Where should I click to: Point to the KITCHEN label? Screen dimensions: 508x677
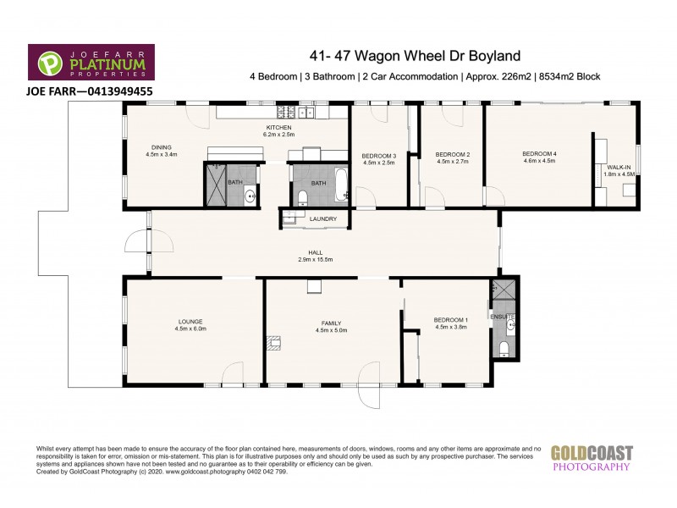tap(279, 127)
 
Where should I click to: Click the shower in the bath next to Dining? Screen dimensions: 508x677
tap(214, 183)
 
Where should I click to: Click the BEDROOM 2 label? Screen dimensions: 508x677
tap(452, 154)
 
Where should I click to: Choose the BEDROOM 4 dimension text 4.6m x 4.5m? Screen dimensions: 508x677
tap(539, 160)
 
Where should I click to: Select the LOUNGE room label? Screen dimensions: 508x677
tap(190, 321)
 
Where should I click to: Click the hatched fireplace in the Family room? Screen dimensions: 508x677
tap(272, 342)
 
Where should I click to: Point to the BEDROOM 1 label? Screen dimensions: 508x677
tap(450, 319)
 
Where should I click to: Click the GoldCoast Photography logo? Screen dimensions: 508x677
tap(592, 457)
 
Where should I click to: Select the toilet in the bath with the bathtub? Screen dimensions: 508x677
tap(303, 198)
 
